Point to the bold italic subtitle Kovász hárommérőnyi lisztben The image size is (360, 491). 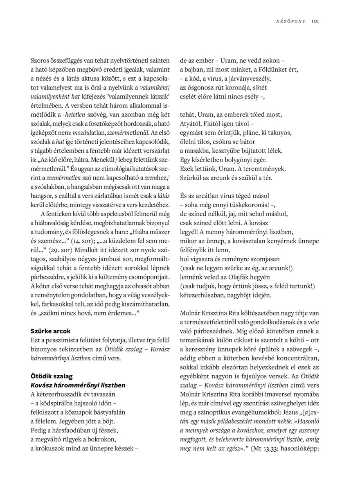pos(78,385)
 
